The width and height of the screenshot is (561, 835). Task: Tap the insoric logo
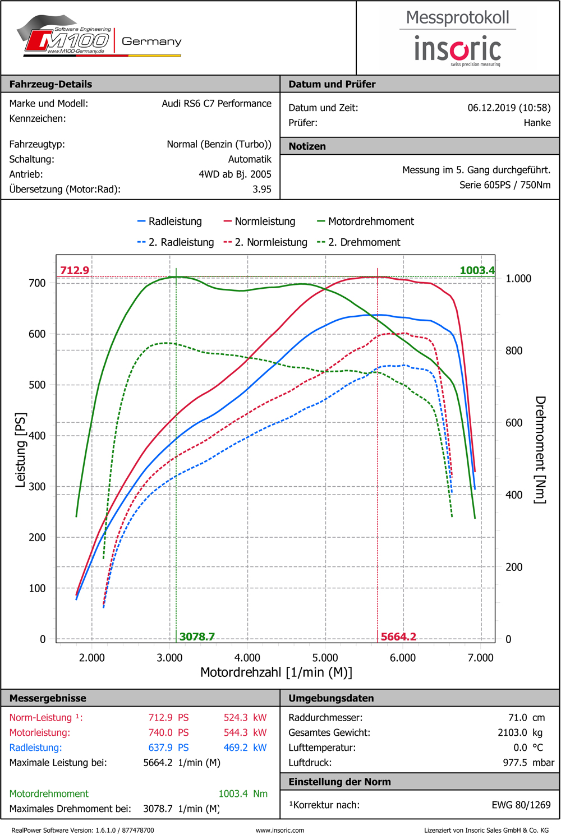coord(457,49)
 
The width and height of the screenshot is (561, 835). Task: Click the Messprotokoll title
coord(457,17)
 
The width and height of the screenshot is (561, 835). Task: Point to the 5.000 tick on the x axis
coord(325,658)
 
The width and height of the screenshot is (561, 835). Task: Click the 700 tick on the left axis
coord(37,283)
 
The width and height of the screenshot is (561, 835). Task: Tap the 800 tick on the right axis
coord(514,351)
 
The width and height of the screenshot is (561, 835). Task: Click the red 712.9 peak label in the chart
coord(75,270)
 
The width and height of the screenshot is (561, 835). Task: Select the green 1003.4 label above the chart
coord(477,270)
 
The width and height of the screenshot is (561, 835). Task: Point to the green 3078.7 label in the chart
coord(197,636)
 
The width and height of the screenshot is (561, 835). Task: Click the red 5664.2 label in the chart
coord(398,636)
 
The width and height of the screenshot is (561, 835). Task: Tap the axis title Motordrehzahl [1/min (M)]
coord(276,672)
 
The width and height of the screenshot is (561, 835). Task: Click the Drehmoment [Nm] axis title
coord(540,449)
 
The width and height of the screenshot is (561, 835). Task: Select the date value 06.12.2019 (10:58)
coord(509,108)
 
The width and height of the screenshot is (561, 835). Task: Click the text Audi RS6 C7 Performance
coord(216,104)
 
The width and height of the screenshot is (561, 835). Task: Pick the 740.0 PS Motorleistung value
coord(168,732)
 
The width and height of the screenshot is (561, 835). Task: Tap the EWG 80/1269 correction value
coord(521,805)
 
